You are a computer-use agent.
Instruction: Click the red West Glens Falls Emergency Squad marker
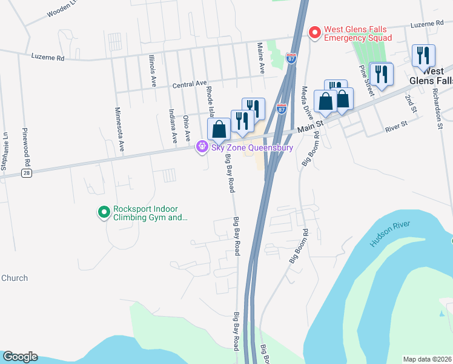pyautogui.click(x=314, y=33)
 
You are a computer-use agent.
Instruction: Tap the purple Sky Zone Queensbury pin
pyautogui.click(x=202, y=147)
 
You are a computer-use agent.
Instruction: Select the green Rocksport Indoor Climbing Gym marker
pyautogui.click(x=104, y=212)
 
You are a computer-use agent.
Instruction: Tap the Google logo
pyautogui.click(x=19, y=357)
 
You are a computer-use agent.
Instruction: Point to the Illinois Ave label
pyautogui.click(x=153, y=70)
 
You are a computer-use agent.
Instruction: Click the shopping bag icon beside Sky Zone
pyautogui.click(x=219, y=129)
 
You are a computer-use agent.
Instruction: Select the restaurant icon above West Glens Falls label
pyautogui.click(x=423, y=56)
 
